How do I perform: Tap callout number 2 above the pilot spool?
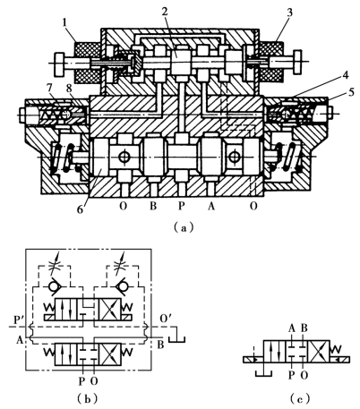tap(165, 11)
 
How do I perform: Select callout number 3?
tap(289, 13)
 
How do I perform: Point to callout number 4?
tap(345, 75)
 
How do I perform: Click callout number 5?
tap(351, 92)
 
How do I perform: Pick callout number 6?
tap(80, 209)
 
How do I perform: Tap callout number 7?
tap(49, 89)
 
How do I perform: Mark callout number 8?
tap(69, 89)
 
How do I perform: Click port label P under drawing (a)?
tap(181, 206)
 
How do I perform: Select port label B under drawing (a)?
tap(152, 206)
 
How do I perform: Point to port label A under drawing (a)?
tap(211, 206)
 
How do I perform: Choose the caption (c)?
tap(300, 398)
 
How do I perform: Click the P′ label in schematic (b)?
tap(19, 320)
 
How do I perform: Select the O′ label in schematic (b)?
tap(166, 319)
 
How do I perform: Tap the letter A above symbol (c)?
tap(292, 328)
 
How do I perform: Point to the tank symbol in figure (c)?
tap(264, 373)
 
